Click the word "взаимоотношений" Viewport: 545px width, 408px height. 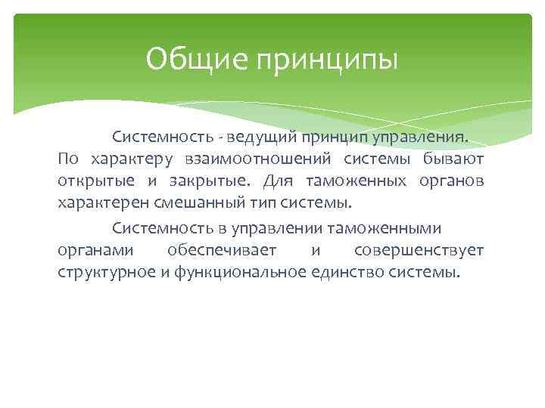tap(257, 160)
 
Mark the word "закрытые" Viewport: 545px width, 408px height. tap(213, 182)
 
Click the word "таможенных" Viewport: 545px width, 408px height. tap(356, 182)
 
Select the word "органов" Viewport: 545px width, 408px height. tap(451, 182)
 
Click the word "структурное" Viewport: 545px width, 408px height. tap(107, 272)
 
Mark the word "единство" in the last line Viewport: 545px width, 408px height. tap(346, 272)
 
